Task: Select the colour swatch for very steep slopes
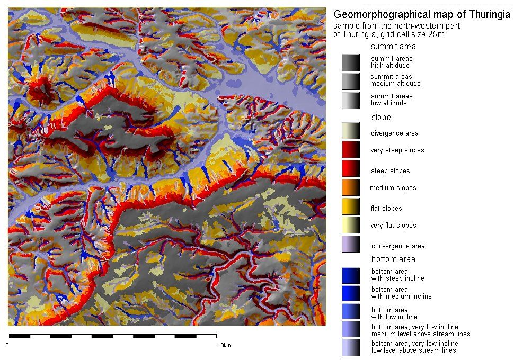351,150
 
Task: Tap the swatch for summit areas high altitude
351,62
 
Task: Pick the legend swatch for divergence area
351,133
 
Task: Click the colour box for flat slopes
351,208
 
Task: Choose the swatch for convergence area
351,245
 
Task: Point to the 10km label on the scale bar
224,346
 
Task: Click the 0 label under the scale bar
8,346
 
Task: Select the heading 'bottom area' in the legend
393,259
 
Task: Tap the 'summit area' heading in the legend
393,46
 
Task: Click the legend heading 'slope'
380,117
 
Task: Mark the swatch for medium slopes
351,188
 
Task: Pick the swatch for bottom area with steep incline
351,275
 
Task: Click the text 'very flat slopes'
393,226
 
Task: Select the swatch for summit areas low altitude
351,100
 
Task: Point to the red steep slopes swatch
351,170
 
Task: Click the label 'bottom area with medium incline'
397,293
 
